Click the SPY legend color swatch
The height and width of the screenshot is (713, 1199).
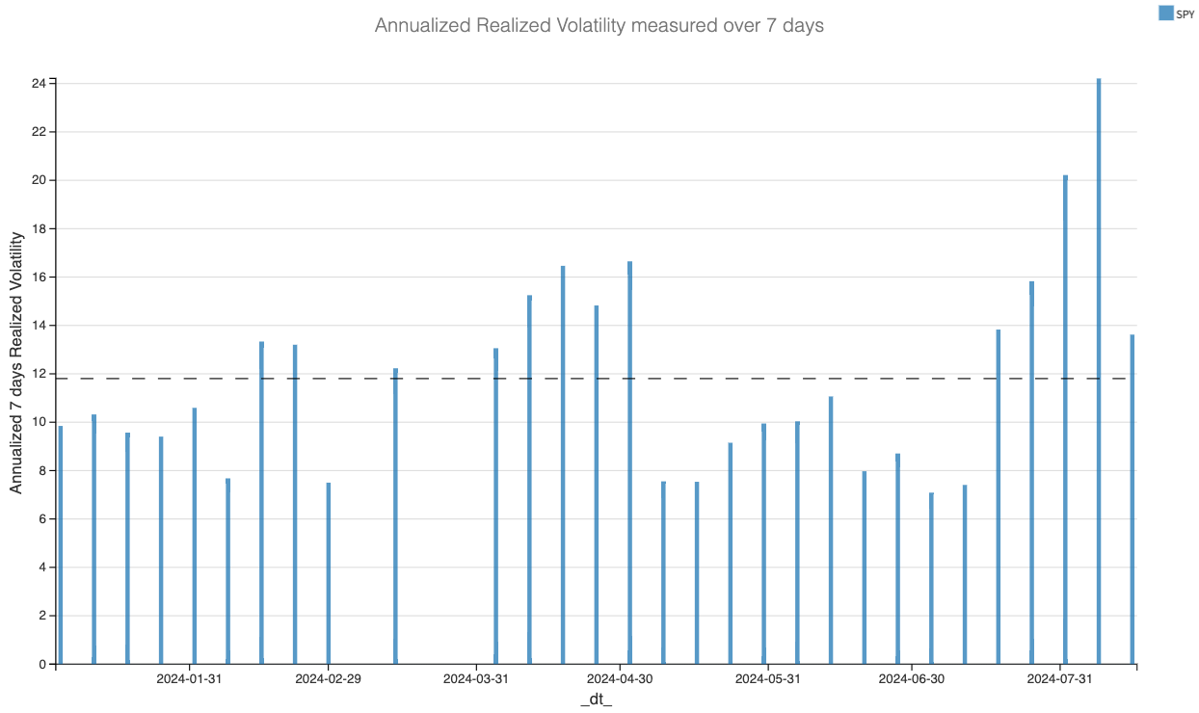point(1165,13)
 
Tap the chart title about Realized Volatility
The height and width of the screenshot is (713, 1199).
point(599,26)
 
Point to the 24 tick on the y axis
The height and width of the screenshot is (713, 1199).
point(39,84)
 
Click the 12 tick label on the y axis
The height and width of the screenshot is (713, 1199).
point(39,374)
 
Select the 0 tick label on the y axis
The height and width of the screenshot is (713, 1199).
point(42,664)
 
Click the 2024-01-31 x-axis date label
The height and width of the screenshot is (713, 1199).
point(190,679)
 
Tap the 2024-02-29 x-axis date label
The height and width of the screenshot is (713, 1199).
point(328,679)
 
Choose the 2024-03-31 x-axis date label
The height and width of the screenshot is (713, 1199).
point(476,679)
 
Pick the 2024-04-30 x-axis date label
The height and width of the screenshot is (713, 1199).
point(620,679)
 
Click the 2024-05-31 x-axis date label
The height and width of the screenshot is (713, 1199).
point(767,679)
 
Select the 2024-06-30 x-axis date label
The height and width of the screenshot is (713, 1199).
point(911,679)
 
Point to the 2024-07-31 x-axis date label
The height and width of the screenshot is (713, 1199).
point(1059,679)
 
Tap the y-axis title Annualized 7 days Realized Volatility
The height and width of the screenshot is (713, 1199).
point(17,362)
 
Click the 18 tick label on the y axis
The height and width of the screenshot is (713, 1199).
point(39,229)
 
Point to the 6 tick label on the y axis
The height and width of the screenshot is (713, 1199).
point(42,519)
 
